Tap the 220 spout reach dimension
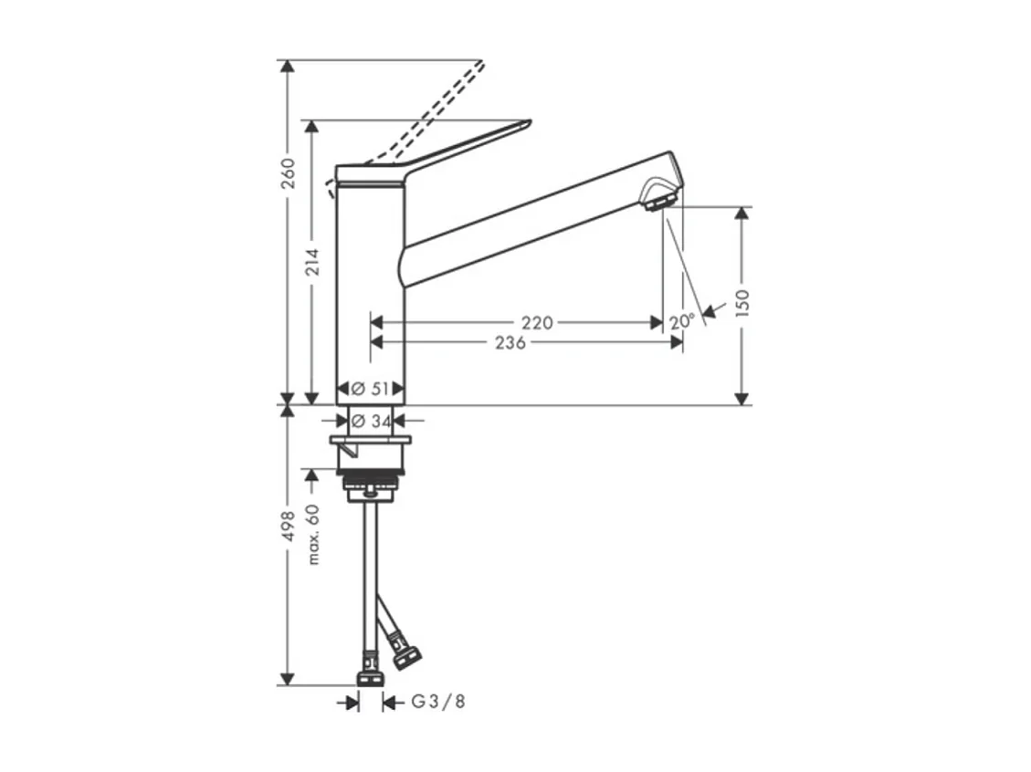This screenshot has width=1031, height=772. (537, 322)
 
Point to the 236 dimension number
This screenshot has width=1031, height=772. (510, 342)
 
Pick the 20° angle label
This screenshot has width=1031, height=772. (681, 321)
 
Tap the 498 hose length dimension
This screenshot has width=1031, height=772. (288, 527)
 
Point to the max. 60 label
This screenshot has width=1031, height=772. (313, 534)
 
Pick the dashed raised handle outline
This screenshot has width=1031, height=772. (429, 114)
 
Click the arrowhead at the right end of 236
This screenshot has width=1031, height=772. (677, 342)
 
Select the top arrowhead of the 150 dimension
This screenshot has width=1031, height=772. (742, 213)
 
